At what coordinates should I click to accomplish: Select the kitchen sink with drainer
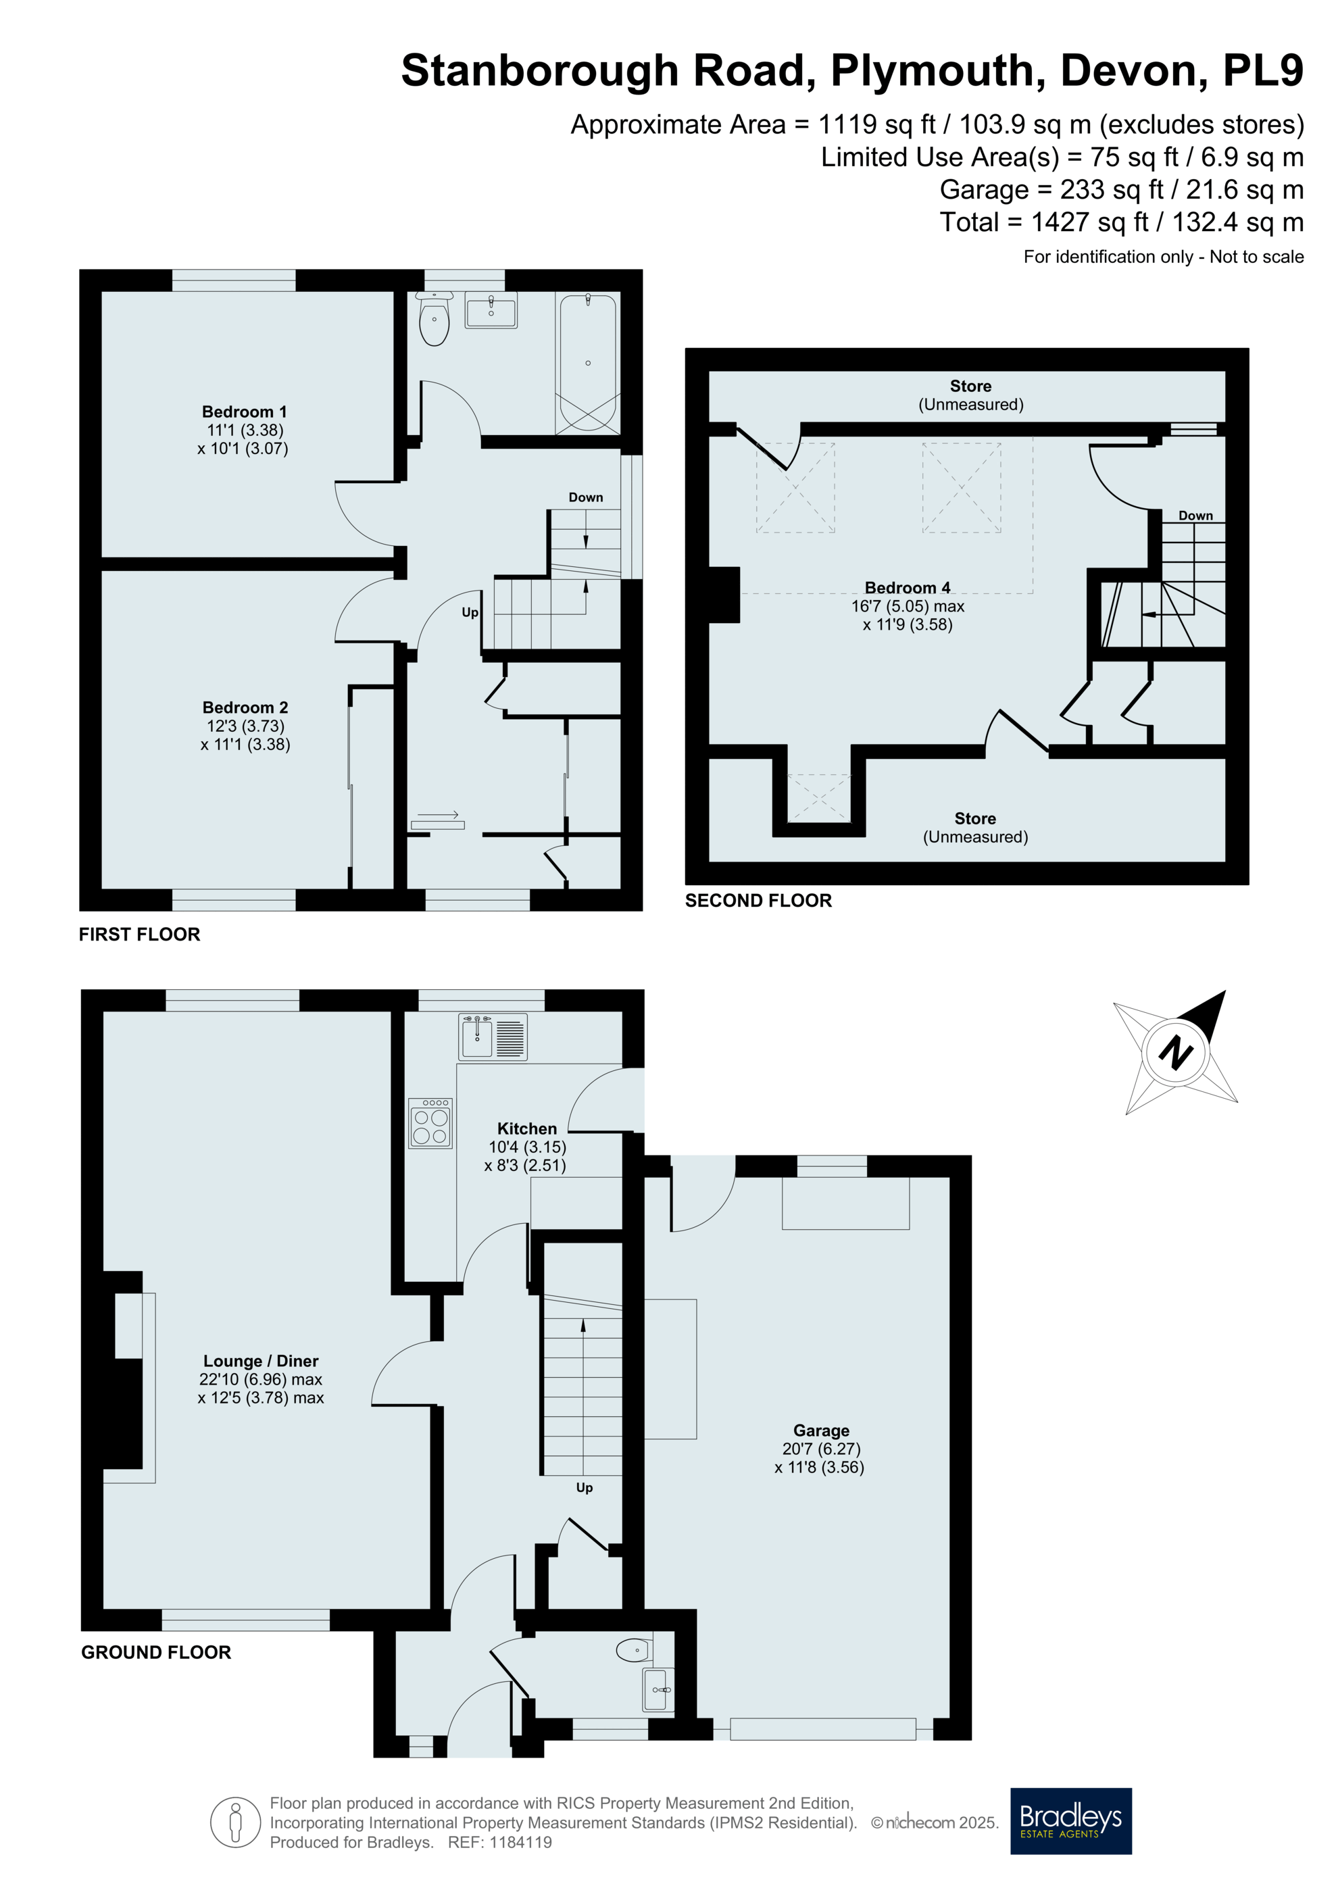pos(493,1037)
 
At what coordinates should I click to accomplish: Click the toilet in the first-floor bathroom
pos(435,318)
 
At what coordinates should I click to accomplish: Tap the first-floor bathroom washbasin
pos(491,310)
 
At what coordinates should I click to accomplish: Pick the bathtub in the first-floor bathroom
pos(589,363)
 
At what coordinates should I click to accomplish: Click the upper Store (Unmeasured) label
pos(970,395)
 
